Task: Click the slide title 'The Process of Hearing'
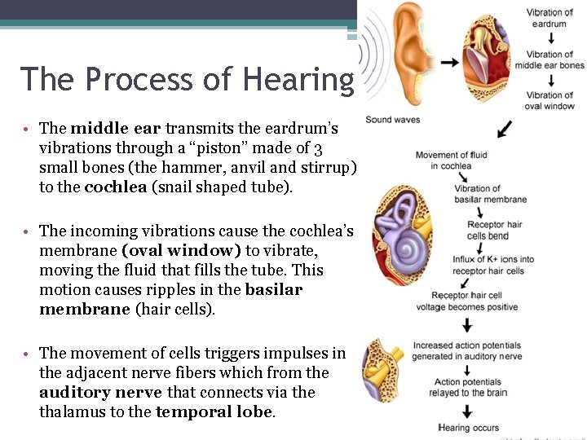187,79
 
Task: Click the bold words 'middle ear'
117,128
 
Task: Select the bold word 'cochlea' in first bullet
108,187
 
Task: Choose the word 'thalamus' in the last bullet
68,411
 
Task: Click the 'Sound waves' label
392,120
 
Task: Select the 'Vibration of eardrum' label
549,18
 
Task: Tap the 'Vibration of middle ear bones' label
549,60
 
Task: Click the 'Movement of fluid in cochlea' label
451,161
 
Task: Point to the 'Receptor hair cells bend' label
494,230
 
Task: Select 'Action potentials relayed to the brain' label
470,387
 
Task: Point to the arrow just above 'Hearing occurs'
468,409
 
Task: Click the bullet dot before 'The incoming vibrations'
27,232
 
